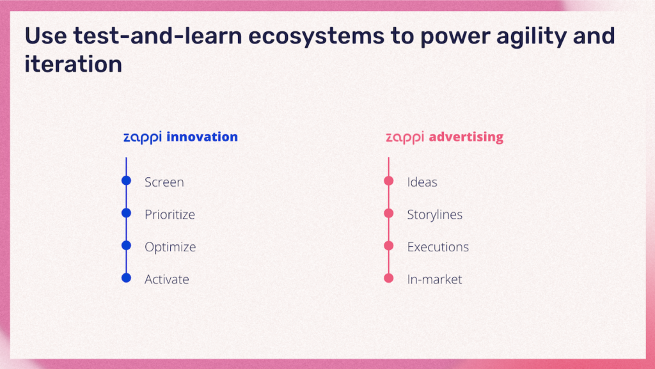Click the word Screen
(164, 182)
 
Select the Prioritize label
(170, 214)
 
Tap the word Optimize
(170, 247)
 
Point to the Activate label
(167, 279)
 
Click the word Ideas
(422, 182)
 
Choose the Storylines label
(435, 215)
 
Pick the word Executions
(438, 247)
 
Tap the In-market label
(434, 279)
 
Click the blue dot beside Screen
(126, 180)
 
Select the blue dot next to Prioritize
(126, 213)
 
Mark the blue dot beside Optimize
(126, 246)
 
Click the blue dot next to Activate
(126, 278)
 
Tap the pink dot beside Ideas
(388, 180)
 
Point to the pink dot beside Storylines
(388, 213)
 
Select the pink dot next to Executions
(388, 246)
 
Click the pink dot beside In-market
(388, 278)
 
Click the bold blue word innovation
(202, 137)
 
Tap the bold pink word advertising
(466, 137)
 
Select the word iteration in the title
(73, 65)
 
